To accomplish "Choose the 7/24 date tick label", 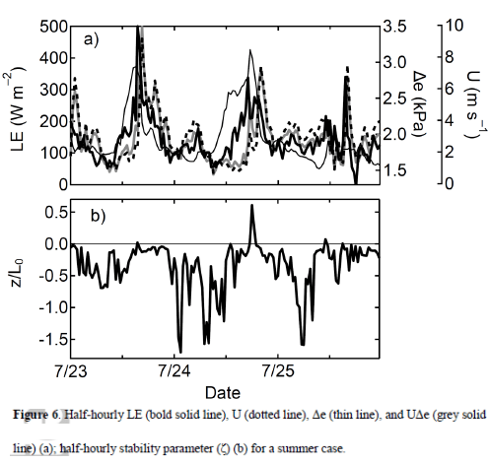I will coord(174,372).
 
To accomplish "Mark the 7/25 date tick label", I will coord(277,372).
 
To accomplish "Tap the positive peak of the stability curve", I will coord(251,206).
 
